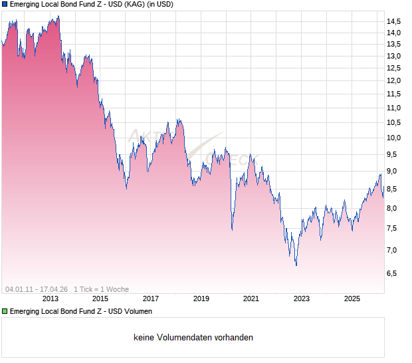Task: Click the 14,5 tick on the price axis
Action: pyautogui.click(x=394, y=22)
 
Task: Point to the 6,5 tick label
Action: pyautogui.click(x=393, y=273)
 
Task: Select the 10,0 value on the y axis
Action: pyautogui.click(x=394, y=138)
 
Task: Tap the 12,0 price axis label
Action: pyautogui.click(x=394, y=81)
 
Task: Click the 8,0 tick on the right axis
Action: pyautogui.click(x=393, y=209)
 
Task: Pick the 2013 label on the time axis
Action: pyautogui.click(x=50, y=299)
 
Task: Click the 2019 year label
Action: pyautogui.click(x=201, y=299)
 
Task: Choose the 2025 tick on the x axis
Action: pyautogui.click(x=352, y=299)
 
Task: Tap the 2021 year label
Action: pyautogui.click(x=251, y=299)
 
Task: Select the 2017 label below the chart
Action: pyautogui.click(x=151, y=299)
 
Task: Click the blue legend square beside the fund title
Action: pyautogui.click(x=5, y=5)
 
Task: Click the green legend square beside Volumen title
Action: pyautogui.click(x=5, y=311)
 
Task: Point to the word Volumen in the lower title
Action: pyautogui.click(x=136, y=311)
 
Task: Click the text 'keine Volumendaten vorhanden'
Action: pyautogui.click(x=193, y=338)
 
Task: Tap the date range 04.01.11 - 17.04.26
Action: pyautogui.click(x=37, y=289)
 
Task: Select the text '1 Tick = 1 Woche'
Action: pyautogui.click(x=101, y=289)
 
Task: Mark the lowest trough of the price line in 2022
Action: pyautogui.click(x=296, y=265)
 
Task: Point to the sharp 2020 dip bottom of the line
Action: pyautogui.click(x=232, y=230)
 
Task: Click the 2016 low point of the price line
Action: pyautogui.click(x=127, y=188)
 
